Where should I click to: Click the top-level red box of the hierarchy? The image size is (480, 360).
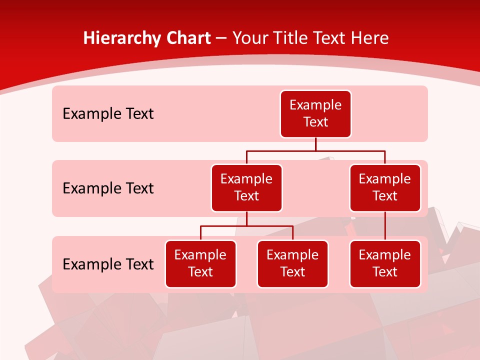[x=315, y=114]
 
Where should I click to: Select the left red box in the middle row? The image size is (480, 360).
[x=246, y=188]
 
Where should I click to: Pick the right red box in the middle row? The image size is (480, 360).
[x=385, y=188]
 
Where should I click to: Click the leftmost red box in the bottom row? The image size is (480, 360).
[x=200, y=264]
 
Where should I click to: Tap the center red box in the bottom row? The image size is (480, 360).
[x=292, y=264]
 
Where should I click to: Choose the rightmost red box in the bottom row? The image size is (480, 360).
[x=385, y=264]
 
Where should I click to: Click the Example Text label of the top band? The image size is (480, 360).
[x=108, y=114]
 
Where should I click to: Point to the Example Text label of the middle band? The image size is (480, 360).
[x=108, y=188]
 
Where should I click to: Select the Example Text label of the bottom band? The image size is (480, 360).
[x=108, y=264]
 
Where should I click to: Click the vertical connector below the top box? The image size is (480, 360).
[x=315, y=144]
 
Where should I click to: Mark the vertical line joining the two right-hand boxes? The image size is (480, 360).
[x=385, y=226]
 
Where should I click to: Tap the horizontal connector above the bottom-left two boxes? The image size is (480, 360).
[x=246, y=226]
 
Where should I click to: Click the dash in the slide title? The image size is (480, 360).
[x=221, y=39]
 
